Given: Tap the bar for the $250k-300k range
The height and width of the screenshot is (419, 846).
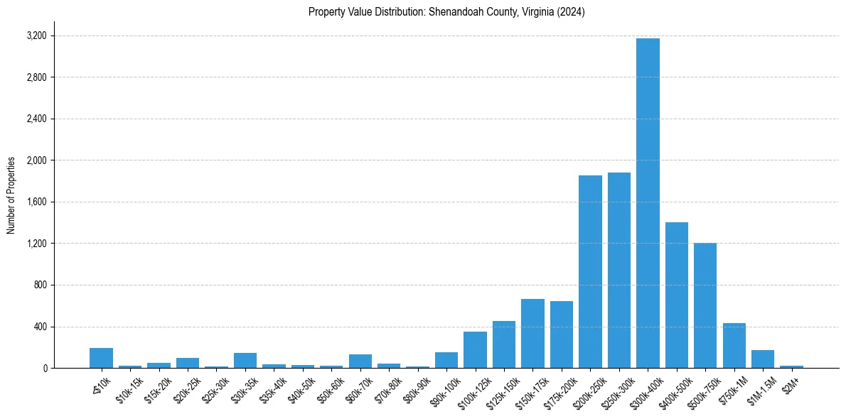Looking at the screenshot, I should point(619,271).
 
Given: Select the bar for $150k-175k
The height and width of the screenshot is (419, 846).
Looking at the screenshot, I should point(532,334).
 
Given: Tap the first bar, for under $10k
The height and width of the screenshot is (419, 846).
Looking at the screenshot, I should point(102,358).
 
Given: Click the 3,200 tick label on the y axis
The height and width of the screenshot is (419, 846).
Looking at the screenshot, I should point(36,36).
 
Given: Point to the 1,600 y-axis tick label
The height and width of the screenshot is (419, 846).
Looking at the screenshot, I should point(36,202).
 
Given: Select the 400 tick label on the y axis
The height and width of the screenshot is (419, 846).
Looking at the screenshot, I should point(40,327).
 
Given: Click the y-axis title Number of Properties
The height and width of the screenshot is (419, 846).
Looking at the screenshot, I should point(11,195).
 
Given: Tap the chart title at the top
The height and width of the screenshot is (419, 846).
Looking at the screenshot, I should point(446,12).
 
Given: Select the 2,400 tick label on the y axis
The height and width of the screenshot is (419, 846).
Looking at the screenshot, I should point(36,119).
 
